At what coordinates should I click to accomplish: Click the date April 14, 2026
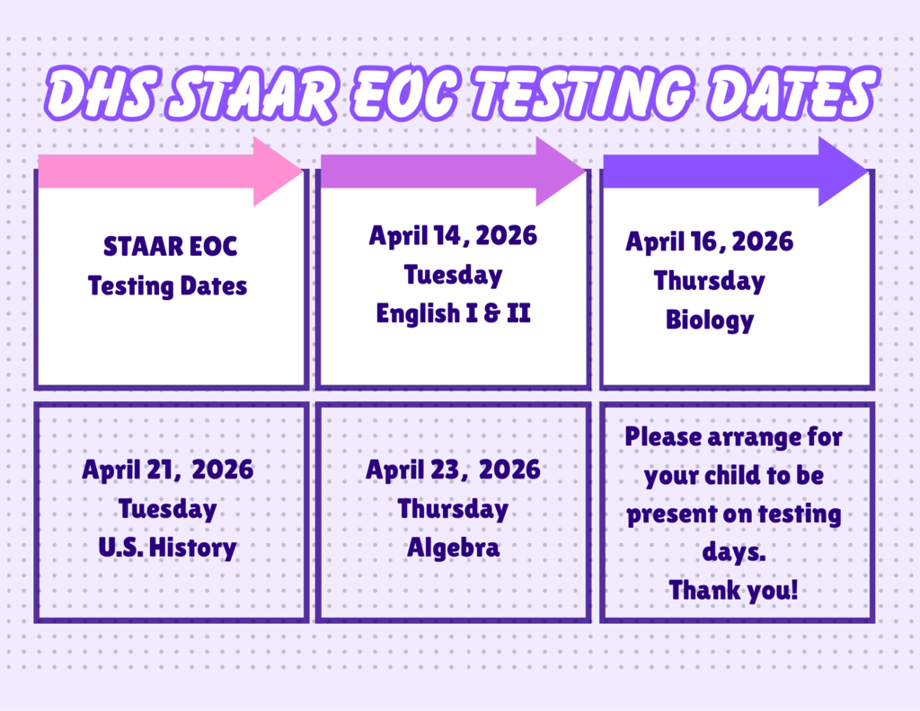pyautogui.click(x=453, y=236)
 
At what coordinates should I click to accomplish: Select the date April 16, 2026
pyautogui.click(x=710, y=241)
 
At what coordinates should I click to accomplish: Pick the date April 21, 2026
pyautogui.click(x=168, y=470)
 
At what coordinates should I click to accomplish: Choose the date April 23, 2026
pyautogui.click(x=453, y=470)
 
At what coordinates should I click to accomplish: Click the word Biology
pyautogui.click(x=710, y=320)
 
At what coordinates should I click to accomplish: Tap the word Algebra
pyautogui.click(x=453, y=548)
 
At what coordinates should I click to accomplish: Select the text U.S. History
pyautogui.click(x=168, y=548)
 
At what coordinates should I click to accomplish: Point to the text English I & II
pyautogui.click(x=453, y=314)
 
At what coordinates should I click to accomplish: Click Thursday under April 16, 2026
pyautogui.click(x=710, y=281)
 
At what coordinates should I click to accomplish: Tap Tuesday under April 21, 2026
pyautogui.click(x=168, y=509)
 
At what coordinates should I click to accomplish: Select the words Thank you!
pyautogui.click(x=734, y=591)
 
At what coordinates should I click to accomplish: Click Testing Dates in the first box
pyautogui.click(x=168, y=286)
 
